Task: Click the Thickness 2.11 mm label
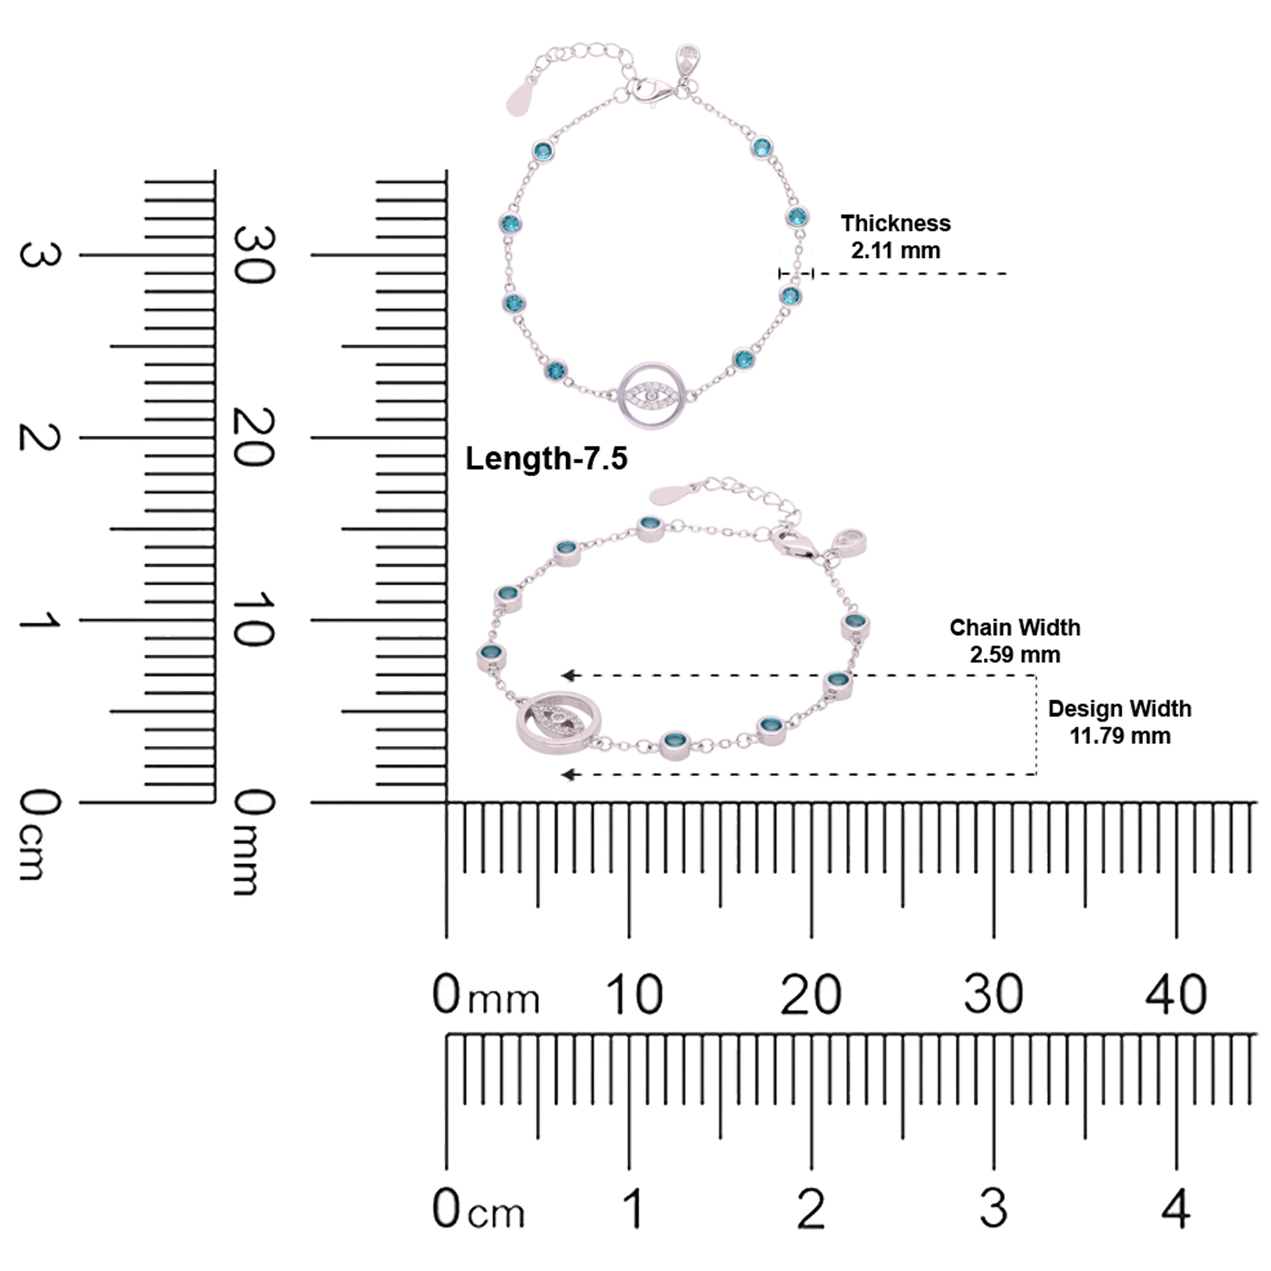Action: click(895, 237)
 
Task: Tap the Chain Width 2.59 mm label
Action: click(1014, 641)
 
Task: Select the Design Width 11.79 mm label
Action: click(1119, 722)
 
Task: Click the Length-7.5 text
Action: click(546, 459)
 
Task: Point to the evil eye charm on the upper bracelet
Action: click(651, 396)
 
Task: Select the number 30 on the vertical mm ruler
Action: click(254, 255)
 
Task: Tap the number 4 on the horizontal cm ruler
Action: click(1175, 1208)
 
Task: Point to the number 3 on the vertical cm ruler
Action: click(40, 255)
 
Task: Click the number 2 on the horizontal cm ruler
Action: click(810, 1208)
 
